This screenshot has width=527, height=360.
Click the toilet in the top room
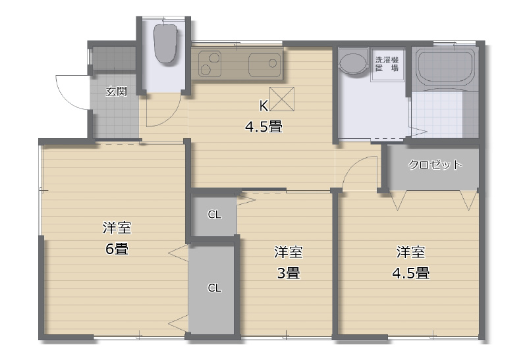point(165,43)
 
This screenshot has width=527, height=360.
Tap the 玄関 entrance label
point(117,91)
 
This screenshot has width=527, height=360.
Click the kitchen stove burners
point(209,63)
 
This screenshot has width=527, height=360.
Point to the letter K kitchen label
point(263,106)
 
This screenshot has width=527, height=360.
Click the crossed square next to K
point(282,99)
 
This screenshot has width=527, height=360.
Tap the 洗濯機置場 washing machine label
point(387,64)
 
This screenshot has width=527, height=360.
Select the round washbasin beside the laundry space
point(352,63)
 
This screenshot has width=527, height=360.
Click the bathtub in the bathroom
point(444,67)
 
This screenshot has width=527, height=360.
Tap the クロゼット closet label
point(435,165)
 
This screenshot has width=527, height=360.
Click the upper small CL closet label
point(215,215)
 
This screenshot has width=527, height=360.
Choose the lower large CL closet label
point(215,288)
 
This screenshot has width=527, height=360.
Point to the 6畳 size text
point(117,249)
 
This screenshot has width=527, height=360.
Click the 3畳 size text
point(288,273)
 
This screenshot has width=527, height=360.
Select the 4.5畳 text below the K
point(263,127)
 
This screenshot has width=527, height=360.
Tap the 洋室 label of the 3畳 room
point(288,252)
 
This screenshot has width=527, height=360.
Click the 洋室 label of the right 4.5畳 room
point(410,252)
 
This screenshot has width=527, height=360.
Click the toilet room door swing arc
point(170,116)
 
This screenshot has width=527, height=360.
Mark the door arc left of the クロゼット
point(353,164)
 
